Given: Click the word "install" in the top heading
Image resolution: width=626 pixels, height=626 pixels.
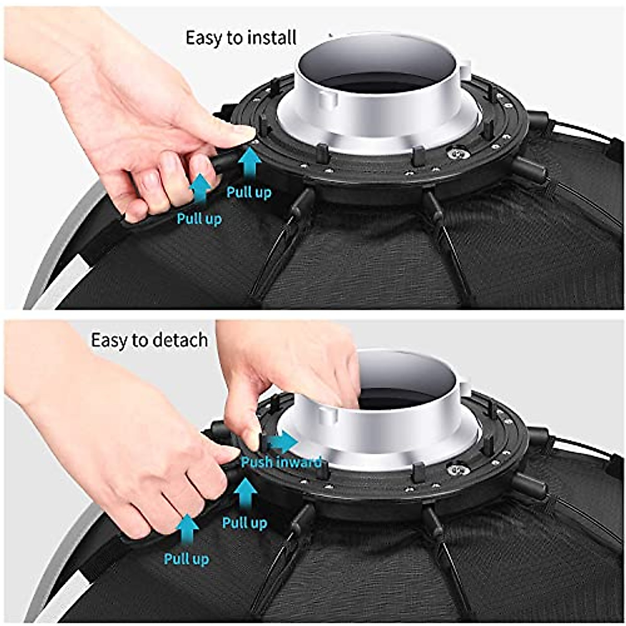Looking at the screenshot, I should (271, 39).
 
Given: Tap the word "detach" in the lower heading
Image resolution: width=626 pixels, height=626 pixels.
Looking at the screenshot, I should (180, 340).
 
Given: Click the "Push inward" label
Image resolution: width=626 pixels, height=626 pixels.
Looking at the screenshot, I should (281, 462).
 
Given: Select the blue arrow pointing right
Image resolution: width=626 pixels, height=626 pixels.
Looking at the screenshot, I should (282, 443).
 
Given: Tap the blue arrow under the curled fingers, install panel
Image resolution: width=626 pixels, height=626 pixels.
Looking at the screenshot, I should (201, 189).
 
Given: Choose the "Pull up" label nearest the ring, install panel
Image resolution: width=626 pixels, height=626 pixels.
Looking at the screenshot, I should (249, 192).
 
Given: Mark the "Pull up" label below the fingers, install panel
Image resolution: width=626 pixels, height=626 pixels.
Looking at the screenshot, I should (199, 219).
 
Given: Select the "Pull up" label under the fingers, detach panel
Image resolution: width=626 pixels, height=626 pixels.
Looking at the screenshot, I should (186, 559).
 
